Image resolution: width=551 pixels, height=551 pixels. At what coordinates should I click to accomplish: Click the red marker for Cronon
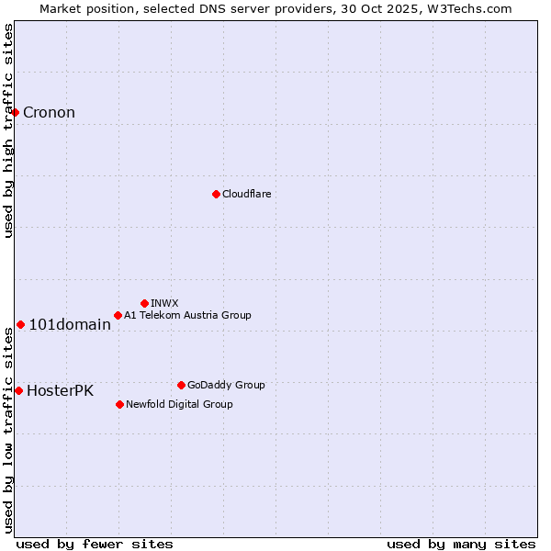[x=16, y=112]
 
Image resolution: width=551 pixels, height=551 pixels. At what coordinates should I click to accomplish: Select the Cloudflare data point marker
[x=216, y=194]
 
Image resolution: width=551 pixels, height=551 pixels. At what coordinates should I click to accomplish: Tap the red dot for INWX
[x=144, y=303]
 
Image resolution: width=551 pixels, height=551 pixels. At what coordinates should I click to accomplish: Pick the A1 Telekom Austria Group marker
[x=118, y=315]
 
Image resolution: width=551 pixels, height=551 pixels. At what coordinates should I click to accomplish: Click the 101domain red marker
[x=20, y=324]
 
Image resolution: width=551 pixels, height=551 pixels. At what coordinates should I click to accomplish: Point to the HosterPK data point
[x=18, y=390]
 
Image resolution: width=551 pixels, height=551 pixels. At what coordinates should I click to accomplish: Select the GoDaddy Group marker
[x=181, y=385]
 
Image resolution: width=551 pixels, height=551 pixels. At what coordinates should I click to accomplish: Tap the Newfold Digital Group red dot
[x=119, y=404]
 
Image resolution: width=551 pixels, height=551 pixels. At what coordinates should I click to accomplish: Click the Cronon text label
[x=49, y=113]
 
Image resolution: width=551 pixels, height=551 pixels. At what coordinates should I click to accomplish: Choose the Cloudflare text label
[x=247, y=194]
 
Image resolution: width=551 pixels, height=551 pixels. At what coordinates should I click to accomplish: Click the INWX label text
[x=164, y=303]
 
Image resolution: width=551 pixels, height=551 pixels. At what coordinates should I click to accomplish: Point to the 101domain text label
[x=70, y=324]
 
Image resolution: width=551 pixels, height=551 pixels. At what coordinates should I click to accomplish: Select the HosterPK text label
[x=60, y=390]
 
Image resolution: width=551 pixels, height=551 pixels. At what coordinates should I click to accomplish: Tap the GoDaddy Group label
[x=226, y=385]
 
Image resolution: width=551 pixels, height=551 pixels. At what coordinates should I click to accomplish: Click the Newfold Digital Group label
[x=179, y=404]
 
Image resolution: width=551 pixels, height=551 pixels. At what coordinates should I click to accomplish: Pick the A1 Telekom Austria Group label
[x=187, y=315]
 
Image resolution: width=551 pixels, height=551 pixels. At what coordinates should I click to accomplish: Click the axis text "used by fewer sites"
[x=95, y=544]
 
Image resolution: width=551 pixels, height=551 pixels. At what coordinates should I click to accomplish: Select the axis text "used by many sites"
[x=461, y=544]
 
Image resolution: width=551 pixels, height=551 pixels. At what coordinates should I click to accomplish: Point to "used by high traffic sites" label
[x=8, y=130]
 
